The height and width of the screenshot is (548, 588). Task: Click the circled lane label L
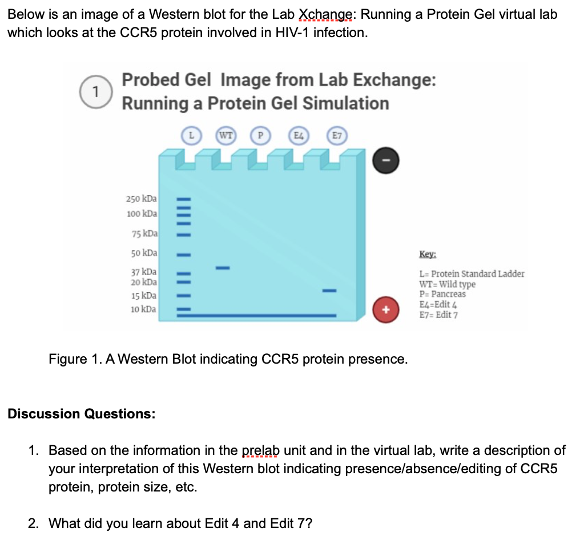(192, 136)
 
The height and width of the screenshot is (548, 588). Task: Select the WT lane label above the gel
(226, 136)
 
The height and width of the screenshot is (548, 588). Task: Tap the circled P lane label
(260, 136)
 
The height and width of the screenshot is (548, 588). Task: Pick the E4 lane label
(298, 136)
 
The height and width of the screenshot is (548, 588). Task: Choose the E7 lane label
(336, 136)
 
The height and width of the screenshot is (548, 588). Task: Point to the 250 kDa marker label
(142, 199)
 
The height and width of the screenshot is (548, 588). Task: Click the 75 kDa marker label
(144, 233)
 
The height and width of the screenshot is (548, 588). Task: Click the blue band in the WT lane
(222, 268)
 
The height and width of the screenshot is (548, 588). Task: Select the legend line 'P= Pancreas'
(442, 294)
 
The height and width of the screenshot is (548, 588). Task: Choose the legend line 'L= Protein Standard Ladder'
(472, 274)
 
